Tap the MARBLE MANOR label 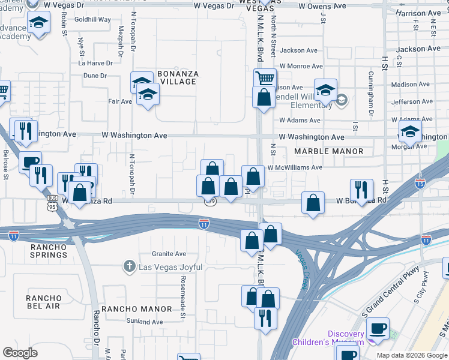(329, 151)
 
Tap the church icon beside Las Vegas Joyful (129, 266)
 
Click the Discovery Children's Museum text (328, 338)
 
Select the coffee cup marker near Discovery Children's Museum (378, 328)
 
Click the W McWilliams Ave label (295, 168)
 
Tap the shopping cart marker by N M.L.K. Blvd (264, 77)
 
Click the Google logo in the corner (20, 353)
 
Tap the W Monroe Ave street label (301, 66)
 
